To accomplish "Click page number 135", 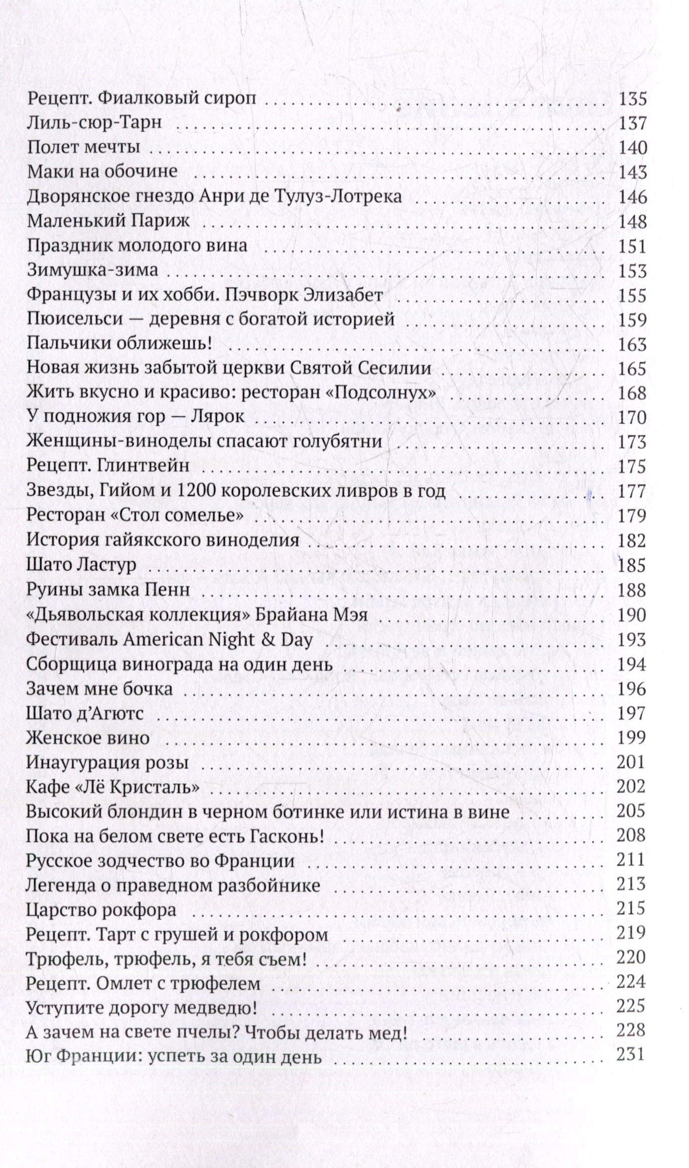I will tap(631, 99).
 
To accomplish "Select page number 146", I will tap(631, 197).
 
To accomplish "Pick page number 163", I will tap(631, 345).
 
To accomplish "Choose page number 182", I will tap(631, 541).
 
